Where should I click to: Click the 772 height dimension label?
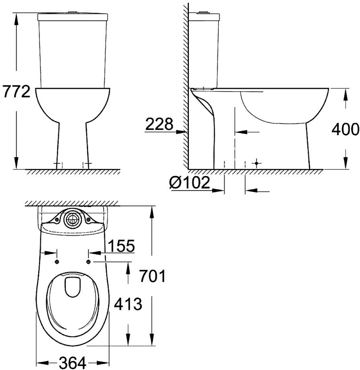(16, 92)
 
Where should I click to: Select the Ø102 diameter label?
(190, 183)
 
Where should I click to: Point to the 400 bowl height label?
(346, 129)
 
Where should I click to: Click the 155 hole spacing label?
(121, 246)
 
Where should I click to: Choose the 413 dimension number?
(128, 304)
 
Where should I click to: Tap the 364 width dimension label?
(73, 363)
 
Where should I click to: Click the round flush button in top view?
(72, 219)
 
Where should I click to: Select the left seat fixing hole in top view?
(57, 262)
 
